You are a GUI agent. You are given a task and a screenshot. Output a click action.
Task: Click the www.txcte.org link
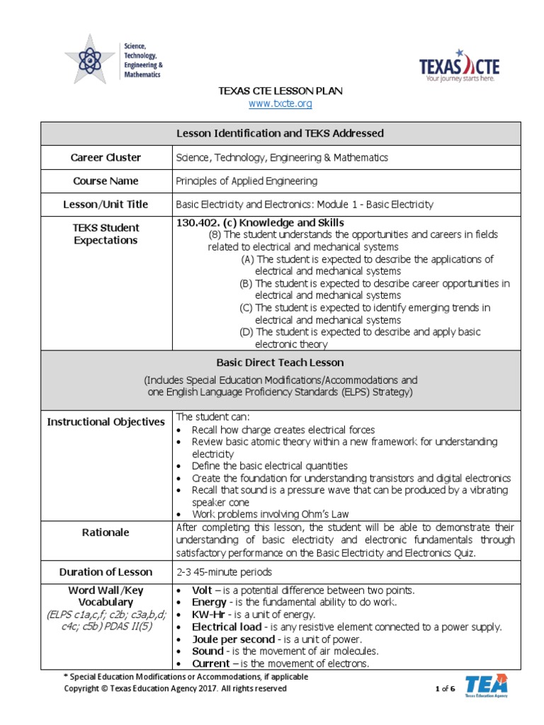click(280, 104)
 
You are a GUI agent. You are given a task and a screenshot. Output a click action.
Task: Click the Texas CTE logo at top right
click(459, 68)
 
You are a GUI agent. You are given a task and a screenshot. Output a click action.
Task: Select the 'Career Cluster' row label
click(106, 158)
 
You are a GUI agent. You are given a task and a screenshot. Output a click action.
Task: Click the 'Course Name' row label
click(106, 181)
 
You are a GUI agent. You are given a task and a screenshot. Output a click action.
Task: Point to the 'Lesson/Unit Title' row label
click(106, 205)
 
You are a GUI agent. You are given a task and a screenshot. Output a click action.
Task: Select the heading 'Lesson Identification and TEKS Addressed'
click(280, 133)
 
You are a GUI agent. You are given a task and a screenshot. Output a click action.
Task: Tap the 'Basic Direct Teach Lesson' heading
click(280, 362)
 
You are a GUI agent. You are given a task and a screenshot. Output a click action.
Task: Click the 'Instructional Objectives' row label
click(106, 422)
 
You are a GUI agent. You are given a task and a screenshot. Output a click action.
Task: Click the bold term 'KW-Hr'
click(207, 615)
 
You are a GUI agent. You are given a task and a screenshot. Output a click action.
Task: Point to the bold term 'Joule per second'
click(230, 639)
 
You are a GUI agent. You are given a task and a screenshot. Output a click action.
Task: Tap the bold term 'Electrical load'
click(226, 627)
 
